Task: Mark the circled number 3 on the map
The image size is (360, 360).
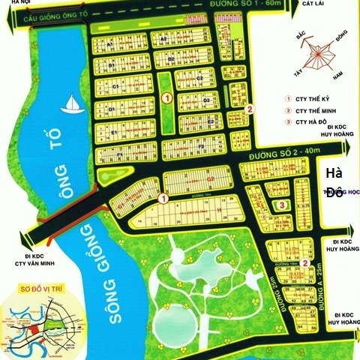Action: [x=280, y=204]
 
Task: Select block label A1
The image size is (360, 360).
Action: [x=109, y=44]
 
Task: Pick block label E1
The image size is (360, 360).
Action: [x=115, y=133]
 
